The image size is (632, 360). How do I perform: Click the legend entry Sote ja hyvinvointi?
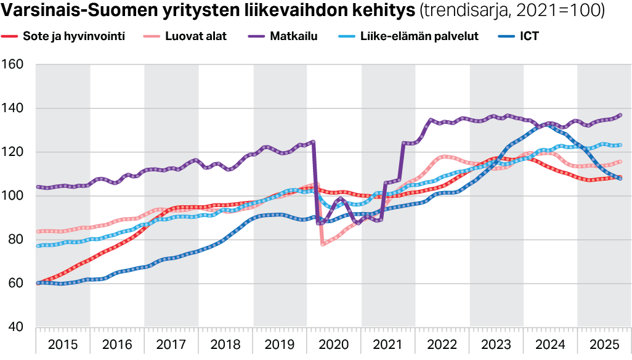(73, 36)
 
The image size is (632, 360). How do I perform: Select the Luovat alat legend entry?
(195, 36)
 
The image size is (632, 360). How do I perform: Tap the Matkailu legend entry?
(293, 36)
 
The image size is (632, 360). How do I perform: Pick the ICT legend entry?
(529, 36)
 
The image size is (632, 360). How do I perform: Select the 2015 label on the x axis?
(63, 343)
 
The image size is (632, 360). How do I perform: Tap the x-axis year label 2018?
(225, 343)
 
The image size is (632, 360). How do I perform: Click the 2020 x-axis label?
(334, 343)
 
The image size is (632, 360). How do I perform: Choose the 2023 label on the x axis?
(496, 343)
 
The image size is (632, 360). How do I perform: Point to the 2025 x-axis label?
(604, 343)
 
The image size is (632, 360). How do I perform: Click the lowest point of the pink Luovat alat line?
(323, 244)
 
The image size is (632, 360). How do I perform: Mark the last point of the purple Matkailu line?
(620, 115)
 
